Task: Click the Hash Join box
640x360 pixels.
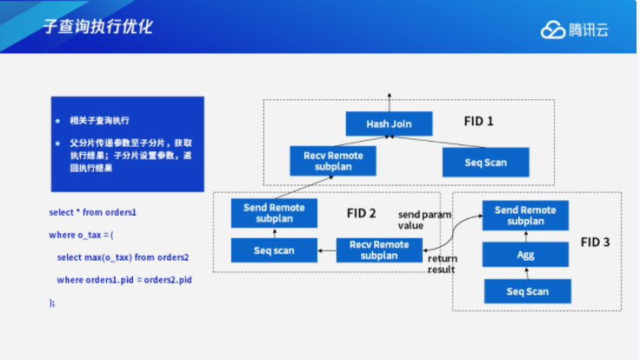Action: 389,123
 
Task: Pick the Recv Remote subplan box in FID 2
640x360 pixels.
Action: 379,250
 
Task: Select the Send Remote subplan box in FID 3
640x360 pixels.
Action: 526,216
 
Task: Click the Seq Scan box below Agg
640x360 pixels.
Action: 527,291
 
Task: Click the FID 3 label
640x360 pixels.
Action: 596,243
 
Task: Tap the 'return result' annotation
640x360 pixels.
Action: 442,263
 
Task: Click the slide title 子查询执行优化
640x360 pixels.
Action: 97,27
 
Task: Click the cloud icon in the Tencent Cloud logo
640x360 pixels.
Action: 553,30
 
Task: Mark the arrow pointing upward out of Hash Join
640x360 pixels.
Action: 389,100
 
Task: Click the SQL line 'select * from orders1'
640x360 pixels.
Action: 93,212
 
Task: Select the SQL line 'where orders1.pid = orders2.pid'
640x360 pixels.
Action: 123,279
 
